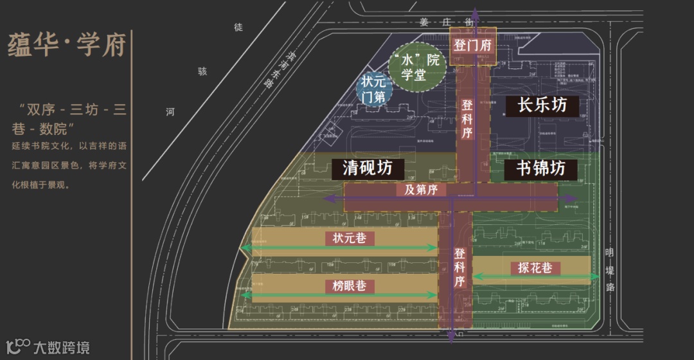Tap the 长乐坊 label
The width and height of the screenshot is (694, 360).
(x=542, y=105)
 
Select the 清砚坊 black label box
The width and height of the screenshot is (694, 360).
(x=368, y=168)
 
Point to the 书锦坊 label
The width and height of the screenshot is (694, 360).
(x=541, y=168)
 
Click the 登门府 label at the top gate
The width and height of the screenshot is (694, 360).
(x=472, y=46)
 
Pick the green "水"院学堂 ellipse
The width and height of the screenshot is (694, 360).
(x=418, y=67)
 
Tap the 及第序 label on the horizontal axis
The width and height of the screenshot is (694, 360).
(x=421, y=190)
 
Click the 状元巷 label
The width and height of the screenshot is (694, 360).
(x=349, y=237)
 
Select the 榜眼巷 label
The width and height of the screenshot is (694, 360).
(x=349, y=286)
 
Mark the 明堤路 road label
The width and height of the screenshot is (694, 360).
(x=610, y=269)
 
